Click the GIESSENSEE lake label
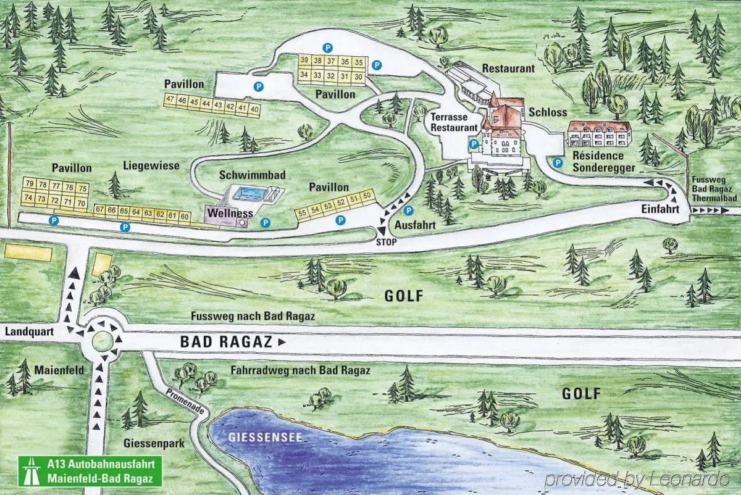[256, 438]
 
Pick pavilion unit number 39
[304, 60]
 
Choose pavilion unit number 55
[303, 214]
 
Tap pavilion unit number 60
[184, 215]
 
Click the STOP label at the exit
[386, 243]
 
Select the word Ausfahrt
[416, 225]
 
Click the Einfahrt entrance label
[660, 210]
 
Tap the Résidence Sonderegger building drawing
[599, 133]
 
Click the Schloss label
[547, 112]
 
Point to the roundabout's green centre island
[103, 340]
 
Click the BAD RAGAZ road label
[227, 342]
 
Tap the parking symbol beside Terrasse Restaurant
[474, 144]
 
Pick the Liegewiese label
[151, 165]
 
